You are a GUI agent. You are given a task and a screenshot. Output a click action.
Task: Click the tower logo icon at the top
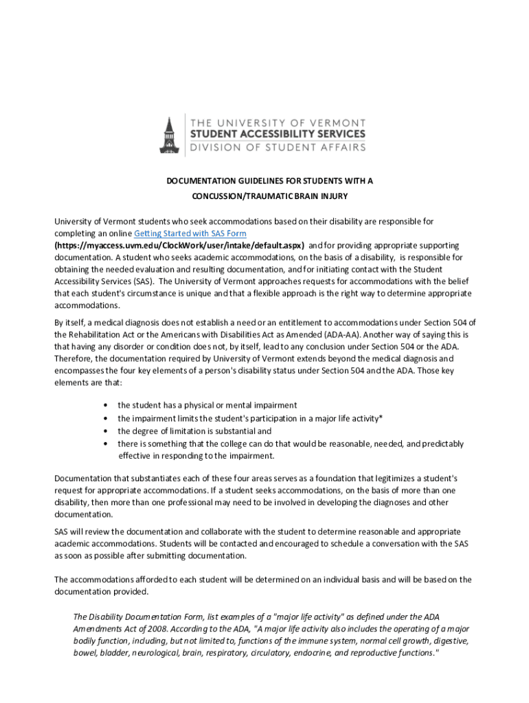168,135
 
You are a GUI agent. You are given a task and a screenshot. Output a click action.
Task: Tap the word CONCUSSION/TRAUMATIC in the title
231,196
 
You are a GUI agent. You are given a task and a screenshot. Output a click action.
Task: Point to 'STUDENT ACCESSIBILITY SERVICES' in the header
278,134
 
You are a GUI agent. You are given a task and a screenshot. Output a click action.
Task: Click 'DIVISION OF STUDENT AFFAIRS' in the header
278,146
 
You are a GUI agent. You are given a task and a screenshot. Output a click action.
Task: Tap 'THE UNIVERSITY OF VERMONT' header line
278,122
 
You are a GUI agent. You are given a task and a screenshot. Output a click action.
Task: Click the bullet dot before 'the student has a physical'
105,406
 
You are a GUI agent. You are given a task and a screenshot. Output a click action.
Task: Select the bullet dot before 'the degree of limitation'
105,431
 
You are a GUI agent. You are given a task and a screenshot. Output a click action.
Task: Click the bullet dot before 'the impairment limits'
105,418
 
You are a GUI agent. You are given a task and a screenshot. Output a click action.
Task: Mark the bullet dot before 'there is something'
105,444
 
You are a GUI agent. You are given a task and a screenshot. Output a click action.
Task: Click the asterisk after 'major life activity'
381,418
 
